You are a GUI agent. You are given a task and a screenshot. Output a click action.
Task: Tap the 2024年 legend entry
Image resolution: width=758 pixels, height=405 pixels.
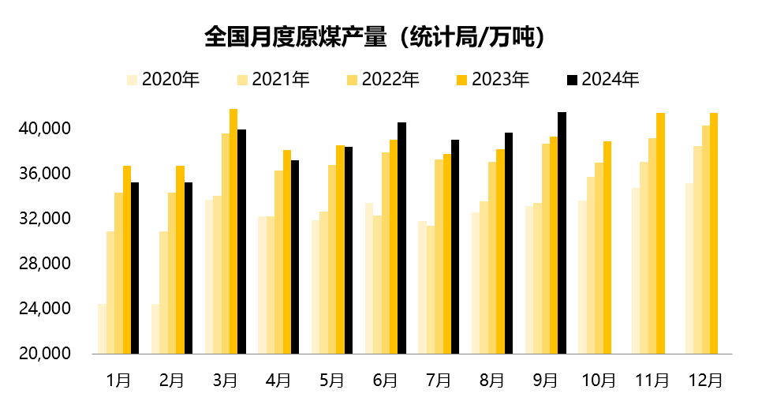click(603, 80)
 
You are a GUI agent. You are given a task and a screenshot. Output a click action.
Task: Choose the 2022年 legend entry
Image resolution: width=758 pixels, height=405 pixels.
click(383, 80)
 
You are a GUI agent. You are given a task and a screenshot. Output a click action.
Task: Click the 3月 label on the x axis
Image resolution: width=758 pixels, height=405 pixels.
click(225, 380)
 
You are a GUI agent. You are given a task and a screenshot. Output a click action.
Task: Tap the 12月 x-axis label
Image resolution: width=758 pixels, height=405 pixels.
click(704, 380)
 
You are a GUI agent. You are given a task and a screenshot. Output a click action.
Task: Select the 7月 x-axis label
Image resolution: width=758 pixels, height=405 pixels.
click(438, 380)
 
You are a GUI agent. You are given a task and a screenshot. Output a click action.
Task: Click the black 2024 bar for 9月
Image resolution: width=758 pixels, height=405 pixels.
click(562, 233)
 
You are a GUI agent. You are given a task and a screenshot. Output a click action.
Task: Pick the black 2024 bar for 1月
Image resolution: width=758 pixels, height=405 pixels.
click(135, 268)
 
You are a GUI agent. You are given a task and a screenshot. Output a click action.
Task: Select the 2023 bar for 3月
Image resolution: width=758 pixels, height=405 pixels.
click(233, 231)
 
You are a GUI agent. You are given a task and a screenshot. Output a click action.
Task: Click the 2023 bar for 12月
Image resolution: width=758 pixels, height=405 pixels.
click(713, 233)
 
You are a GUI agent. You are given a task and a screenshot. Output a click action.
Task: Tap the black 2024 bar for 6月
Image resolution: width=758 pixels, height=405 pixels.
click(401, 238)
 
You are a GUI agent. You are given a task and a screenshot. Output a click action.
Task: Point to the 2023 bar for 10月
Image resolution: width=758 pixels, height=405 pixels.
click(607, 247)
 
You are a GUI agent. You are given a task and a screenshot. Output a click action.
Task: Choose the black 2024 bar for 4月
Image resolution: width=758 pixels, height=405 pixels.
click(295, 257)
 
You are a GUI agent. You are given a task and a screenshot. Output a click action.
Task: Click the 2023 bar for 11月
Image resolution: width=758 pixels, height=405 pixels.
click(660, 233)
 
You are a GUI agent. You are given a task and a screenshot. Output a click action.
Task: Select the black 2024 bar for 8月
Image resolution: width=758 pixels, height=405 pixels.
click(509, 243)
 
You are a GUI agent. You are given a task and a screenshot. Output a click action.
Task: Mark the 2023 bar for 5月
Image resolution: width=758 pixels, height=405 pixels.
click(340, 249)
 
